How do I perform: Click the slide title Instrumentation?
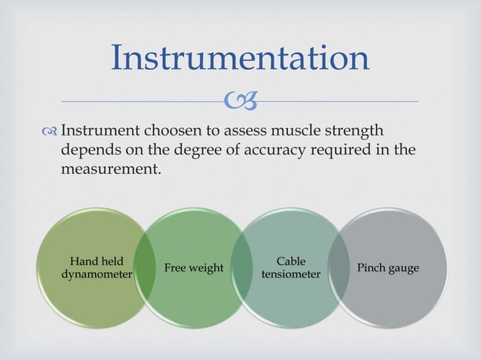240,58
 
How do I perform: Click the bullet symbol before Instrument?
50,132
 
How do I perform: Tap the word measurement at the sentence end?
111,168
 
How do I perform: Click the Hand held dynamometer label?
97,268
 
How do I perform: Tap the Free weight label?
193,268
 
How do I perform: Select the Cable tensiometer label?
290,268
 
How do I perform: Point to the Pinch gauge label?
388,268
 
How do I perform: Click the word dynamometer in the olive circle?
97,275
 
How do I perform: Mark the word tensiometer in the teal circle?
290,275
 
